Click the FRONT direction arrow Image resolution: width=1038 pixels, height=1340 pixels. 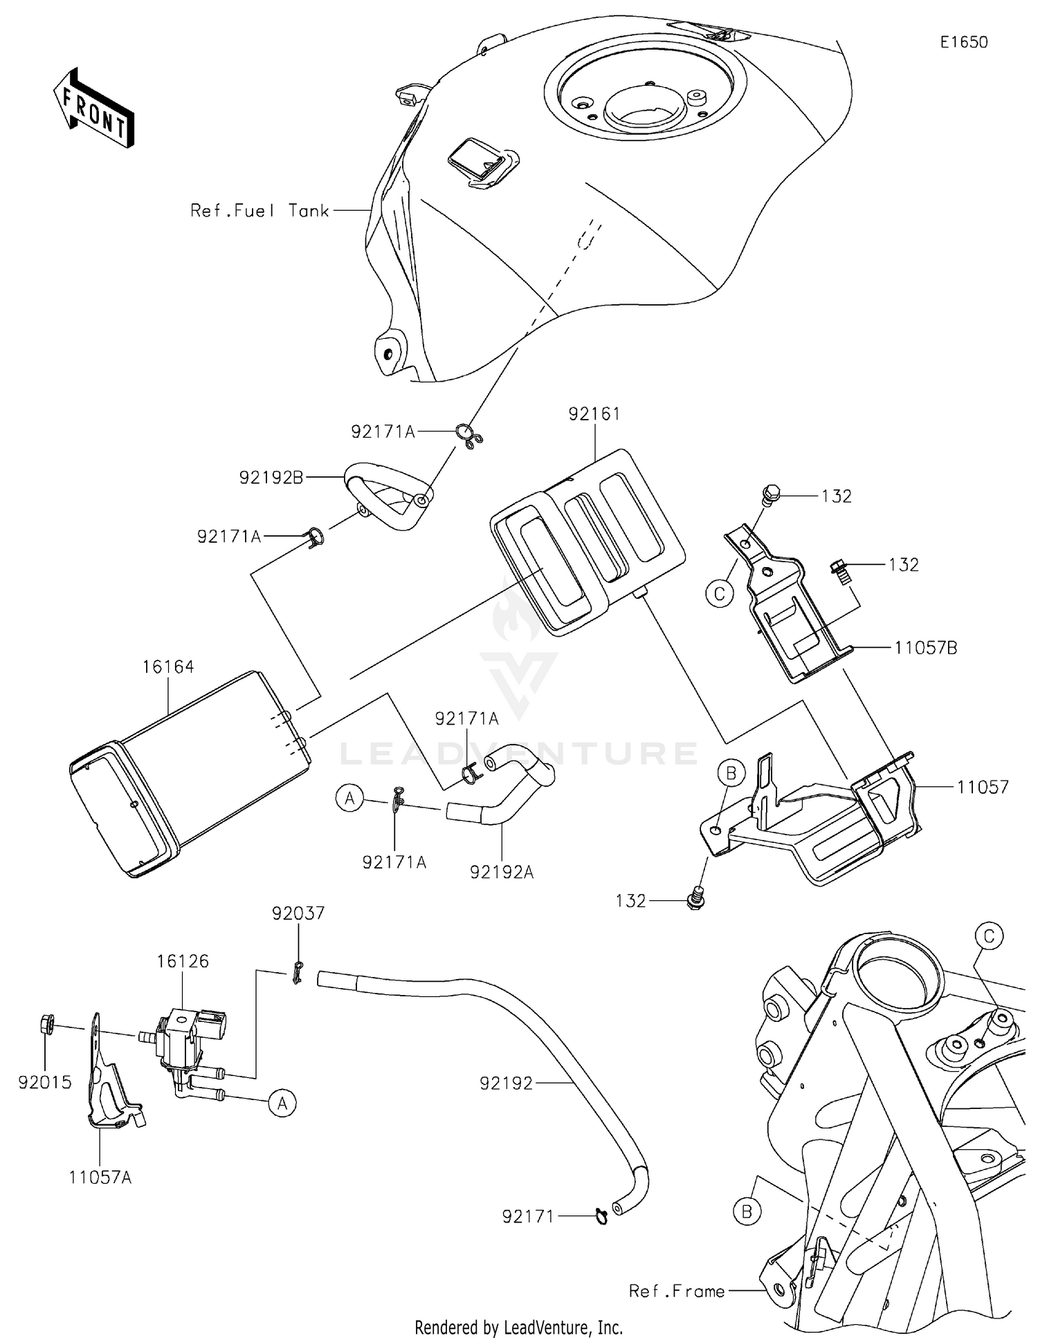[93, 108]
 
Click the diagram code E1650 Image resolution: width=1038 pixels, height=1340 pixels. [963, 42]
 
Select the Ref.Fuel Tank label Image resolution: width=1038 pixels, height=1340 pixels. [259, 211]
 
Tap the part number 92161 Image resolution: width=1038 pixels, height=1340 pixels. [594, 413]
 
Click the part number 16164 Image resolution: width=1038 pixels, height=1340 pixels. [168, 667]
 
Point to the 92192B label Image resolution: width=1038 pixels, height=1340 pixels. [271, 477]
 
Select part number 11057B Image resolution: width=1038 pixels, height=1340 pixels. [925, 648]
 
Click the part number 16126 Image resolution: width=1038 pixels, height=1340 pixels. [183, 961]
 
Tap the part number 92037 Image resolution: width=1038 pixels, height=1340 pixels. [298, 913]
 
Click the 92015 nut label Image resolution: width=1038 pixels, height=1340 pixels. [45, 1082]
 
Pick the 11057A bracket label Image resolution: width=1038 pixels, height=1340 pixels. [100, 1177]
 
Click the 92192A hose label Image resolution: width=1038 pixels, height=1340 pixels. [502, 872]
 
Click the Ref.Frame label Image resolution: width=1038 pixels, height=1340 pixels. [676, 1291]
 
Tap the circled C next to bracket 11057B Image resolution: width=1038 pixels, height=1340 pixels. [720, 593]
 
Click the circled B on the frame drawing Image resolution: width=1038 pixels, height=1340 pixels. [747, 1211]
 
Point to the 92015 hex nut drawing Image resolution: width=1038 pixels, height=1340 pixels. [48, 1023]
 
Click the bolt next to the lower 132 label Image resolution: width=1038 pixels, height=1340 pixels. [697, 897]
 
